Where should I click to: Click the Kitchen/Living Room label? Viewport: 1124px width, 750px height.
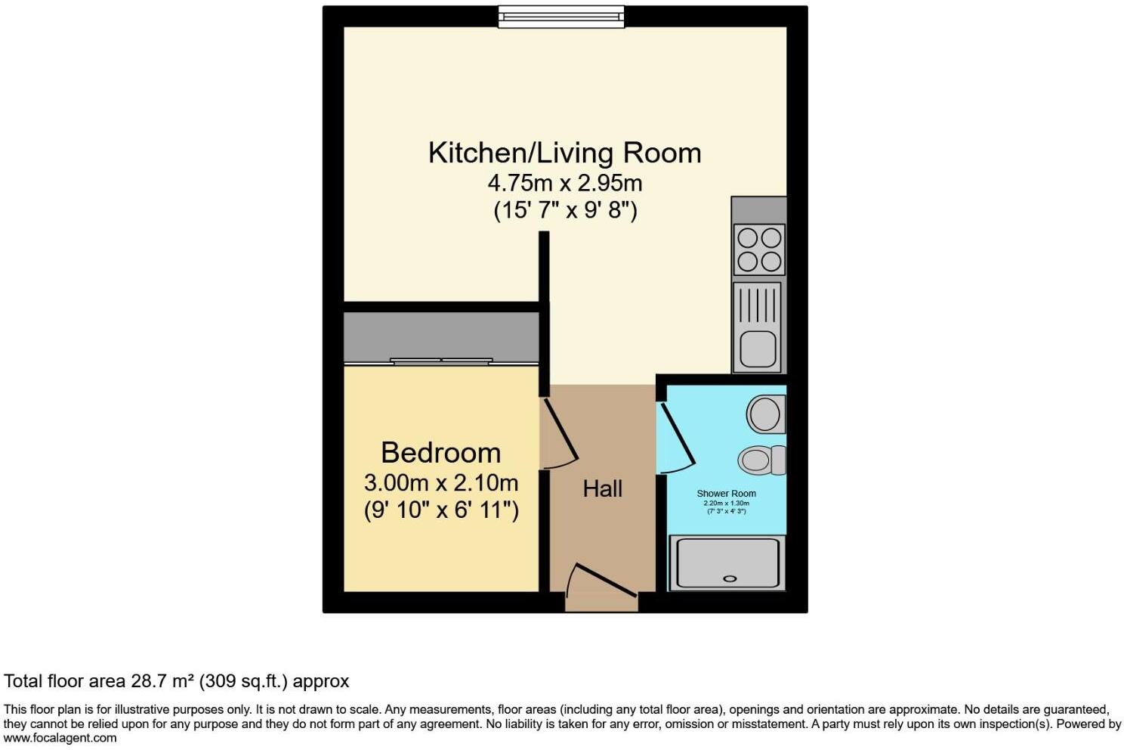(x=564, y=153)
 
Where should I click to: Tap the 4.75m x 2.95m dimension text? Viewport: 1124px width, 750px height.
(x=564, y=183)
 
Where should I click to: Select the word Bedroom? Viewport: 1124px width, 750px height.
(x=441, y=453)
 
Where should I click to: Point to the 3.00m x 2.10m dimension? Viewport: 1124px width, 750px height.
(x=441, y=482)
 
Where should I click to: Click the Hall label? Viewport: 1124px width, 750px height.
(x=603, y=489)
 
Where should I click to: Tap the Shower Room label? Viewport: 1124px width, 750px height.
(x=726, y=494)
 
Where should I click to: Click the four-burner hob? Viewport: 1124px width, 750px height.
(x=759, y=249)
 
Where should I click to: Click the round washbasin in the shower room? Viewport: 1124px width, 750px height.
(x=765, y=414)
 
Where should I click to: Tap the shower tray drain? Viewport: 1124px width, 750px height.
(x=730, y=578)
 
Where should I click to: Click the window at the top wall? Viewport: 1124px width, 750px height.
(x=561, y=17)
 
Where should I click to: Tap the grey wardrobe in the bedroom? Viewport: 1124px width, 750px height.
(x=441, y=336)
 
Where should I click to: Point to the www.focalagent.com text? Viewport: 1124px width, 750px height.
(x=60, y=738)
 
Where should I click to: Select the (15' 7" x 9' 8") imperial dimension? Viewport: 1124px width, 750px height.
(x=565, y=209)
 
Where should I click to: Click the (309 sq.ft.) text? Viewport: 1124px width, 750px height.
(x=243, y=681)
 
